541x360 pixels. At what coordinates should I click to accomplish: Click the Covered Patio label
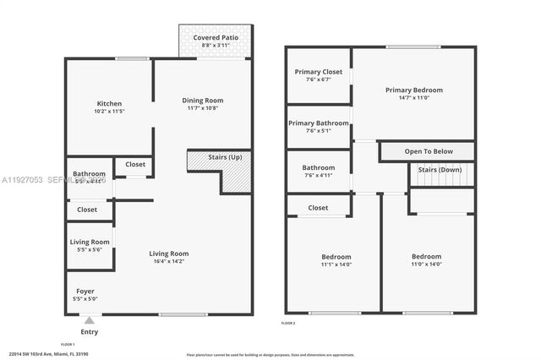coord(215,38)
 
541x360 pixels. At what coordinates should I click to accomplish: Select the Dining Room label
coord(203,101)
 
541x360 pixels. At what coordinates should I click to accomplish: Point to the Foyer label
coord(85,291)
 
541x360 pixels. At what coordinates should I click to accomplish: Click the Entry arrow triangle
coord(89,319)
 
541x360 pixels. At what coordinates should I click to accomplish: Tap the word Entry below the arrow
coord(89,332)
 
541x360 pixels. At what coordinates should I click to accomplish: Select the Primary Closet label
coord(319,72)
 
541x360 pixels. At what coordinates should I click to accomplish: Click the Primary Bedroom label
coord(413,90)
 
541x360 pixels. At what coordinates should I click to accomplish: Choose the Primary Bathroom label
coord(319,123)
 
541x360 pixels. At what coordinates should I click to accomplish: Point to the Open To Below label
coord(429,151)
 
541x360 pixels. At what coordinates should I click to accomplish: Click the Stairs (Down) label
coord(440,169)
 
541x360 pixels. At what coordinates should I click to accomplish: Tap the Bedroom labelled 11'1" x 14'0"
coord(336,257)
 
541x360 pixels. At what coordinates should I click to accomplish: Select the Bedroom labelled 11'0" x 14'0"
coord(426,257)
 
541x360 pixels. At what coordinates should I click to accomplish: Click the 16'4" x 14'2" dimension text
coord(168,262)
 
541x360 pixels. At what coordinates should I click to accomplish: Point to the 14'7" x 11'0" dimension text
coord(413,98)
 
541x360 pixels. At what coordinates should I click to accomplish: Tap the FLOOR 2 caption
coord(291,323)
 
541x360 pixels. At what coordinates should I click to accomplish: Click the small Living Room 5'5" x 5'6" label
coord(89,243)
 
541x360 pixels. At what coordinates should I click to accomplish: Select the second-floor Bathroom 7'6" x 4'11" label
coord(319,167)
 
